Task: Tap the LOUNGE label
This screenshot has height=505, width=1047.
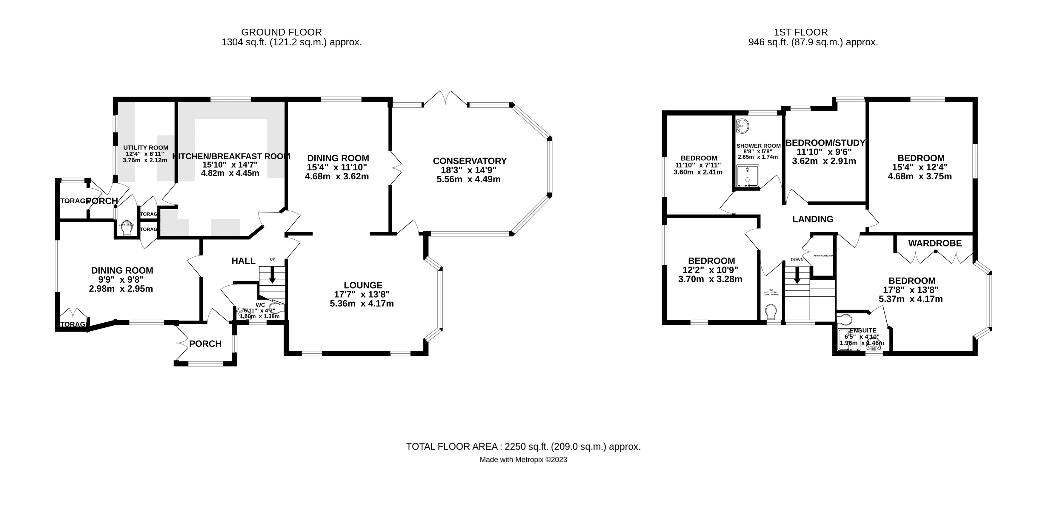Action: (x=363, y=286)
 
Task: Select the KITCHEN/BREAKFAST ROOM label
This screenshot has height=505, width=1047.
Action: (x=230, y=156)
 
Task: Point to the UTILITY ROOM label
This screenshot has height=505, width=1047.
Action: (x=145, y=148)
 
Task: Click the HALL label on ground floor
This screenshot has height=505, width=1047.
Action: (x=243, y=261)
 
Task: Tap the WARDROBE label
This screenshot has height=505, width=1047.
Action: (x=935, y=243)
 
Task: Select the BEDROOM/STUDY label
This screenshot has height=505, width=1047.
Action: (x=825, y=143)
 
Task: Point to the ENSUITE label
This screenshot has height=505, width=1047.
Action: (x=862, y=330)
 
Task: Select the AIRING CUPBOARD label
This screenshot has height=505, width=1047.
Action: (x=823, y=256)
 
